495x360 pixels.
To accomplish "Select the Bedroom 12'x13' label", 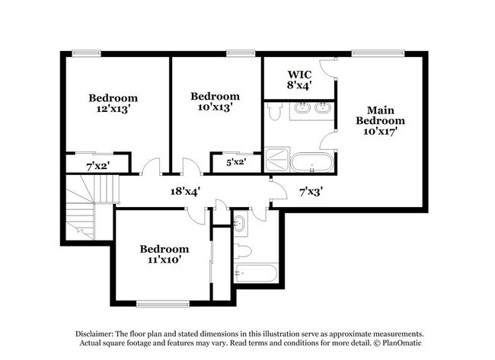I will tap(113, 103).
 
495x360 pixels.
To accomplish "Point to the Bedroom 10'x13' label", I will tap(215, 101).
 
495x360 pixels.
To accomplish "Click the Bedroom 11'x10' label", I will tap(164, 254).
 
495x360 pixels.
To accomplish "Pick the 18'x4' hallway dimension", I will tap(184, 192).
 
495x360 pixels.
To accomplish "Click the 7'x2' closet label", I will tap(97, 164).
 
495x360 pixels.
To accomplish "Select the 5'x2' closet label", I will tap(236, 161).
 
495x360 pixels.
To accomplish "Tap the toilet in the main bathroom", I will tap(276, 113).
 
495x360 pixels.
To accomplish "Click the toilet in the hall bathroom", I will tap(243, 250).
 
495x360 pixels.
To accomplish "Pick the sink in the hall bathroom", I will tap(241, 224).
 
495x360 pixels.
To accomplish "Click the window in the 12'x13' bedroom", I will tap(85, 53).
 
